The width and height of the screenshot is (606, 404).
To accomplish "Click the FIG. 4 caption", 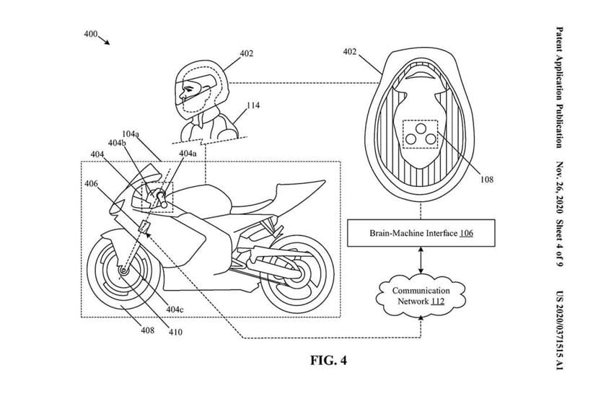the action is [x=328, y=360].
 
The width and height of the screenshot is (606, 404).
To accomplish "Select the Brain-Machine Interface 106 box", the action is [x=421, y=233].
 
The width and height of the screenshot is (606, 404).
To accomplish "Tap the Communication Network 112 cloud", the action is [x=421, y=296].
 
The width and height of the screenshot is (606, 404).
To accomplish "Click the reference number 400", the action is [x=91, y=34].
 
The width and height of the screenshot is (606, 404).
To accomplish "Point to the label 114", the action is [x=253, y=105].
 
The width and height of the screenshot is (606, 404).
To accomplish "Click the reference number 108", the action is [x=487, y=180].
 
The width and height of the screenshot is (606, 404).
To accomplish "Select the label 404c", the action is [x=175, y=309].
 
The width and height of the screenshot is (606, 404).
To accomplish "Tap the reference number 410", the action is [x=175, y=332].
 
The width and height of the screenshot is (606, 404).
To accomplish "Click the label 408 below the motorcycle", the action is [x=147, y=330].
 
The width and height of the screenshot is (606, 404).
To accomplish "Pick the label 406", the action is [x=91, y=184].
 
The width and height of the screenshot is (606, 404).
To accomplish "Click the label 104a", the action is [x=131, y=134].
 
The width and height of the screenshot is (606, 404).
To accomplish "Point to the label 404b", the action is [x=117, y=143].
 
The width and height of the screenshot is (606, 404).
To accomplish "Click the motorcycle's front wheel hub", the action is [x=123, y=271].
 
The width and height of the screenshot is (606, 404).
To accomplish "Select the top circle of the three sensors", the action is [x=421, y=128].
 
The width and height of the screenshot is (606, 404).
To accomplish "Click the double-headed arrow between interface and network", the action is [x=421, y=261].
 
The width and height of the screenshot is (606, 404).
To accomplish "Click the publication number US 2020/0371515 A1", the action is [x=560, y=330].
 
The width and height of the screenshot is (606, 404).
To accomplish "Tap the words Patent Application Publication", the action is [x=560, y=87].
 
